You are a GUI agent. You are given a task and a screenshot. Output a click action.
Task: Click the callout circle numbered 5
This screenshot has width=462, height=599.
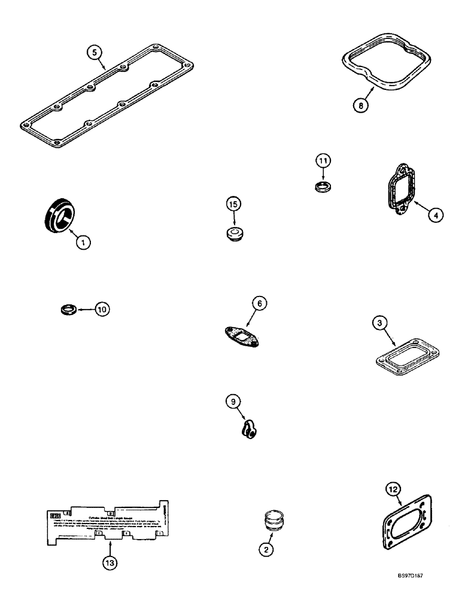92,53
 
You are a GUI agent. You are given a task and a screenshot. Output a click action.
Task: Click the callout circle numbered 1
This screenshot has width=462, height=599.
84,242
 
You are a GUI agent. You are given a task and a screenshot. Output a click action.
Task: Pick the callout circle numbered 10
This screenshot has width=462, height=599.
102,309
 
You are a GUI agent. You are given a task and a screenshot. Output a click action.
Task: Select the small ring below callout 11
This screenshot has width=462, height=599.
323,187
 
